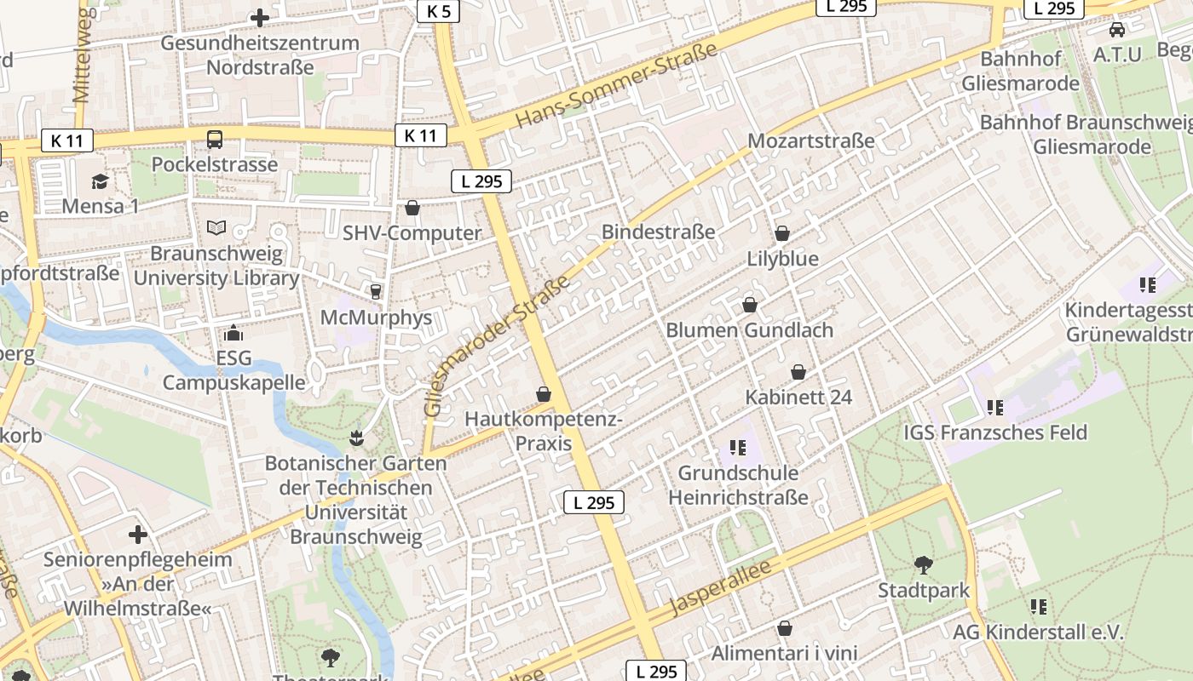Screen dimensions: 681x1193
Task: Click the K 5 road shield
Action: pos(439,11)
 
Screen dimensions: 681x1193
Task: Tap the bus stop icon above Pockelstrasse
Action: pos(215,140)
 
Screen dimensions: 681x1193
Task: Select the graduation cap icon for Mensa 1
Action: pos(100,181)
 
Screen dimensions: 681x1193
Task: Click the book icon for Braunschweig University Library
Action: pos(216,228)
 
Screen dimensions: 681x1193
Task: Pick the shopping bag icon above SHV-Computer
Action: pos(412,208)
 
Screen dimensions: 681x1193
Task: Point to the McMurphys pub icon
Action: pos(375,292)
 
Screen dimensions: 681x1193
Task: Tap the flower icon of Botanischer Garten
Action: pos(355,438)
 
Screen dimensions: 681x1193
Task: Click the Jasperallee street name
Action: pos(720,587)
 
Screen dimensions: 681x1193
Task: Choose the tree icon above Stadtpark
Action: pos(923,564)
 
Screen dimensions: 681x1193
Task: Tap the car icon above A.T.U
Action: pos(1116,30)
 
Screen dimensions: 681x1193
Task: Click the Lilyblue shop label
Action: pos(782,259)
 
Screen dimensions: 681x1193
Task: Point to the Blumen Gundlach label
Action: pos(749,330)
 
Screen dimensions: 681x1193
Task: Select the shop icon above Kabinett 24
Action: pos(798,372)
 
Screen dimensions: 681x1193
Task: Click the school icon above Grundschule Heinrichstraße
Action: pos(738,447)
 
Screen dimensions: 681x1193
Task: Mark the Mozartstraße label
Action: pos(811,141)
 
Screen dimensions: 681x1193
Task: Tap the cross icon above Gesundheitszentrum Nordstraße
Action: pos(260,17)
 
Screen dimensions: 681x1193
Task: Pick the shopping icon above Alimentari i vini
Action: pos(785,629)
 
